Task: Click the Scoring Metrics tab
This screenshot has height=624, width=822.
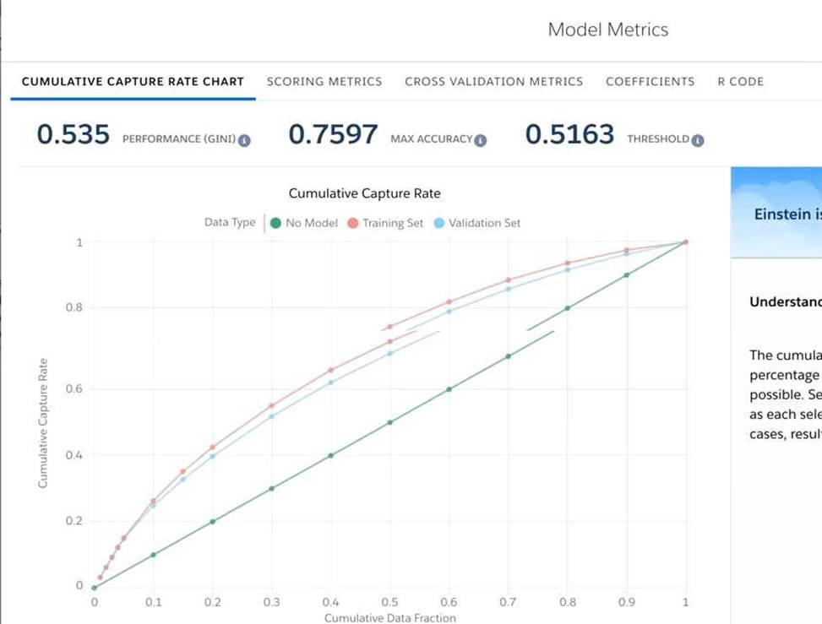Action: click(324, 82)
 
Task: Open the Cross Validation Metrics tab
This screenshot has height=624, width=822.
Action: click(493, 82)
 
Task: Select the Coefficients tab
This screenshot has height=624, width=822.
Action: click(650, 82)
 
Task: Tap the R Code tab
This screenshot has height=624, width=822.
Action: click(740, 82)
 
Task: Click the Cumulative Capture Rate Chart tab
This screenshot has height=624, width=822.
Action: click(133, 82)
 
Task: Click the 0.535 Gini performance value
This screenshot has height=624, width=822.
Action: click(73, 134)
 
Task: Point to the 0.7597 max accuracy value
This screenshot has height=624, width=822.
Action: click(333, 134)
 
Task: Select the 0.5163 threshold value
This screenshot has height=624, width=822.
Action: click(569, 134)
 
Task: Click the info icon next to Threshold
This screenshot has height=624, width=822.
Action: click(698, 140)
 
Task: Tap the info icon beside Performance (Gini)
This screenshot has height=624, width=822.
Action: click(243, 140)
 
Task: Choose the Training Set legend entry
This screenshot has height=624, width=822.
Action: click(387, 223)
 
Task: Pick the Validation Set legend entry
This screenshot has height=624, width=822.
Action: click(477, 223)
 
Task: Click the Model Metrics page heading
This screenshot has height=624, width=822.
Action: click(607, 30)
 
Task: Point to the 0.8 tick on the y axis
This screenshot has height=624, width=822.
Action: click(75, 308)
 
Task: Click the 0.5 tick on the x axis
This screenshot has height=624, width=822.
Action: click(389, 603)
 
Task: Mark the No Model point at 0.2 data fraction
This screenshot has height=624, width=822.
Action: click(212, 522)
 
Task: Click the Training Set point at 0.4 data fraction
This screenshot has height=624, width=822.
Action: click(331, 370)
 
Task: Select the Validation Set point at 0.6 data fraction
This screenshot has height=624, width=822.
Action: click(449, 312)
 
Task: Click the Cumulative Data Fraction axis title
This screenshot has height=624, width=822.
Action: click(389, 618)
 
